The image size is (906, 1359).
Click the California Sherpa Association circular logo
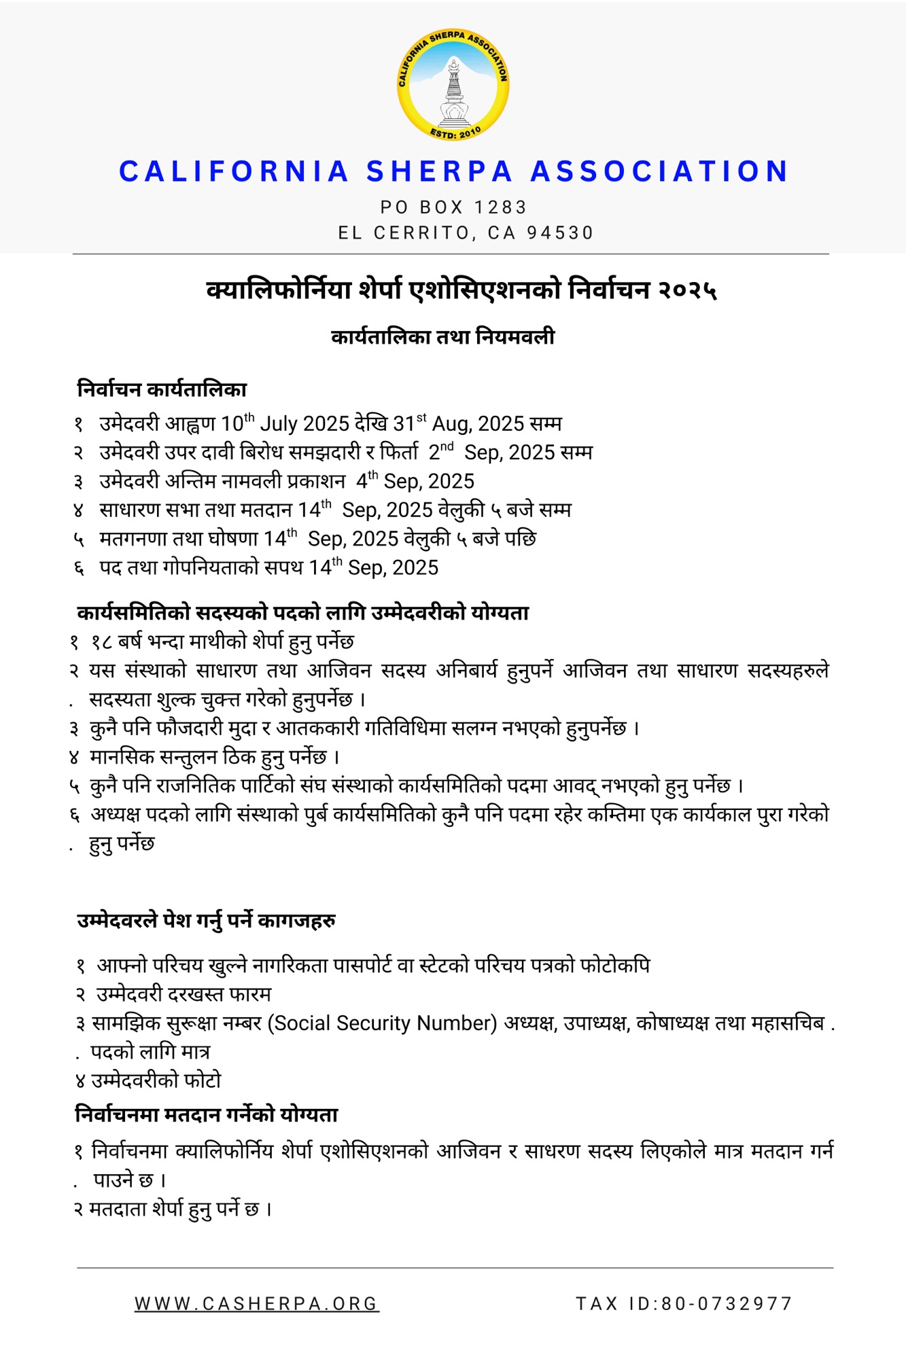tap(453, 85)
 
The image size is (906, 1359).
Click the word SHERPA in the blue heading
tap(440, 171)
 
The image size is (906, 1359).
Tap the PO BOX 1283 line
tap(453, 207)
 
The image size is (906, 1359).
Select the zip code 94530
tap(560, 233)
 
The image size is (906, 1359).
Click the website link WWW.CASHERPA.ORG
tap(256, 1303)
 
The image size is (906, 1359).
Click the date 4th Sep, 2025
tap(415, 481)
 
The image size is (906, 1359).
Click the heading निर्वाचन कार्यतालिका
tap(162, 389)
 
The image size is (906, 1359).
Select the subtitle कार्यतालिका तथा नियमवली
tap(442, 337)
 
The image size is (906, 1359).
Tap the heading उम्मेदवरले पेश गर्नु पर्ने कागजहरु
tap(206, 921)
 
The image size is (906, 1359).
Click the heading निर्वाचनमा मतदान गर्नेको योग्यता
tap(206, 1115)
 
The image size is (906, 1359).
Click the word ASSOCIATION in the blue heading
tap(660, 171)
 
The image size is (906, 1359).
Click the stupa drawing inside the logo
tap(453, 95)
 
